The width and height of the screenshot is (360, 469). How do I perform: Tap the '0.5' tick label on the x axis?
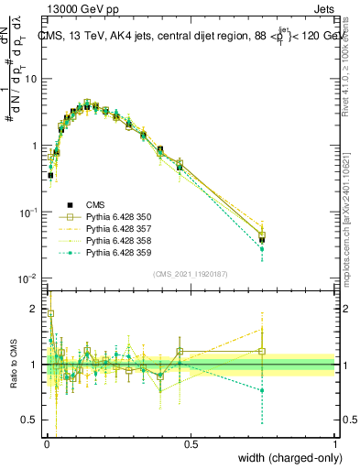[x=191, y=443]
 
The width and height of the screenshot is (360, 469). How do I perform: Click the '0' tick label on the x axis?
[x=47, y=443]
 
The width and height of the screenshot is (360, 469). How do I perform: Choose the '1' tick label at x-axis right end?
[x=334, y=443]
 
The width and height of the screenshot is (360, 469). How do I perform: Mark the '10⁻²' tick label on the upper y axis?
[x=29, y=278]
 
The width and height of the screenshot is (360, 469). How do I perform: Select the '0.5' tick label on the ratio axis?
[x=32, y=420]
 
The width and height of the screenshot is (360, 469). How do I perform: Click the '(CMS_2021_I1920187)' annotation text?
[x=191, y=273]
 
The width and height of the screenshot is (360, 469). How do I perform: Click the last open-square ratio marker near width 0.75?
[x=262, y=351]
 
